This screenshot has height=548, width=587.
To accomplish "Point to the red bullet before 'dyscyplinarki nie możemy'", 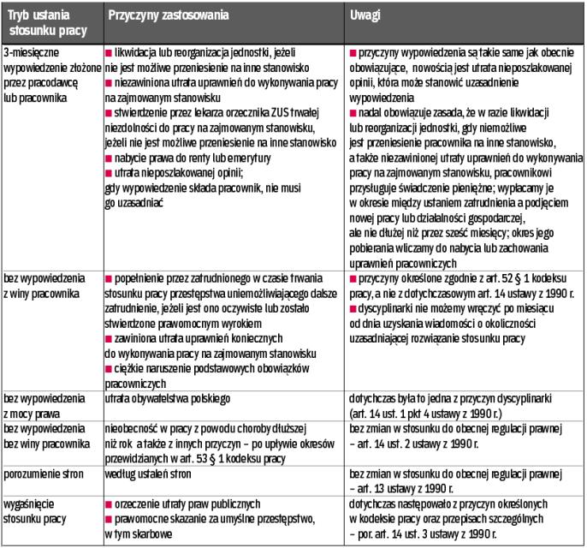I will point(354,304).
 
